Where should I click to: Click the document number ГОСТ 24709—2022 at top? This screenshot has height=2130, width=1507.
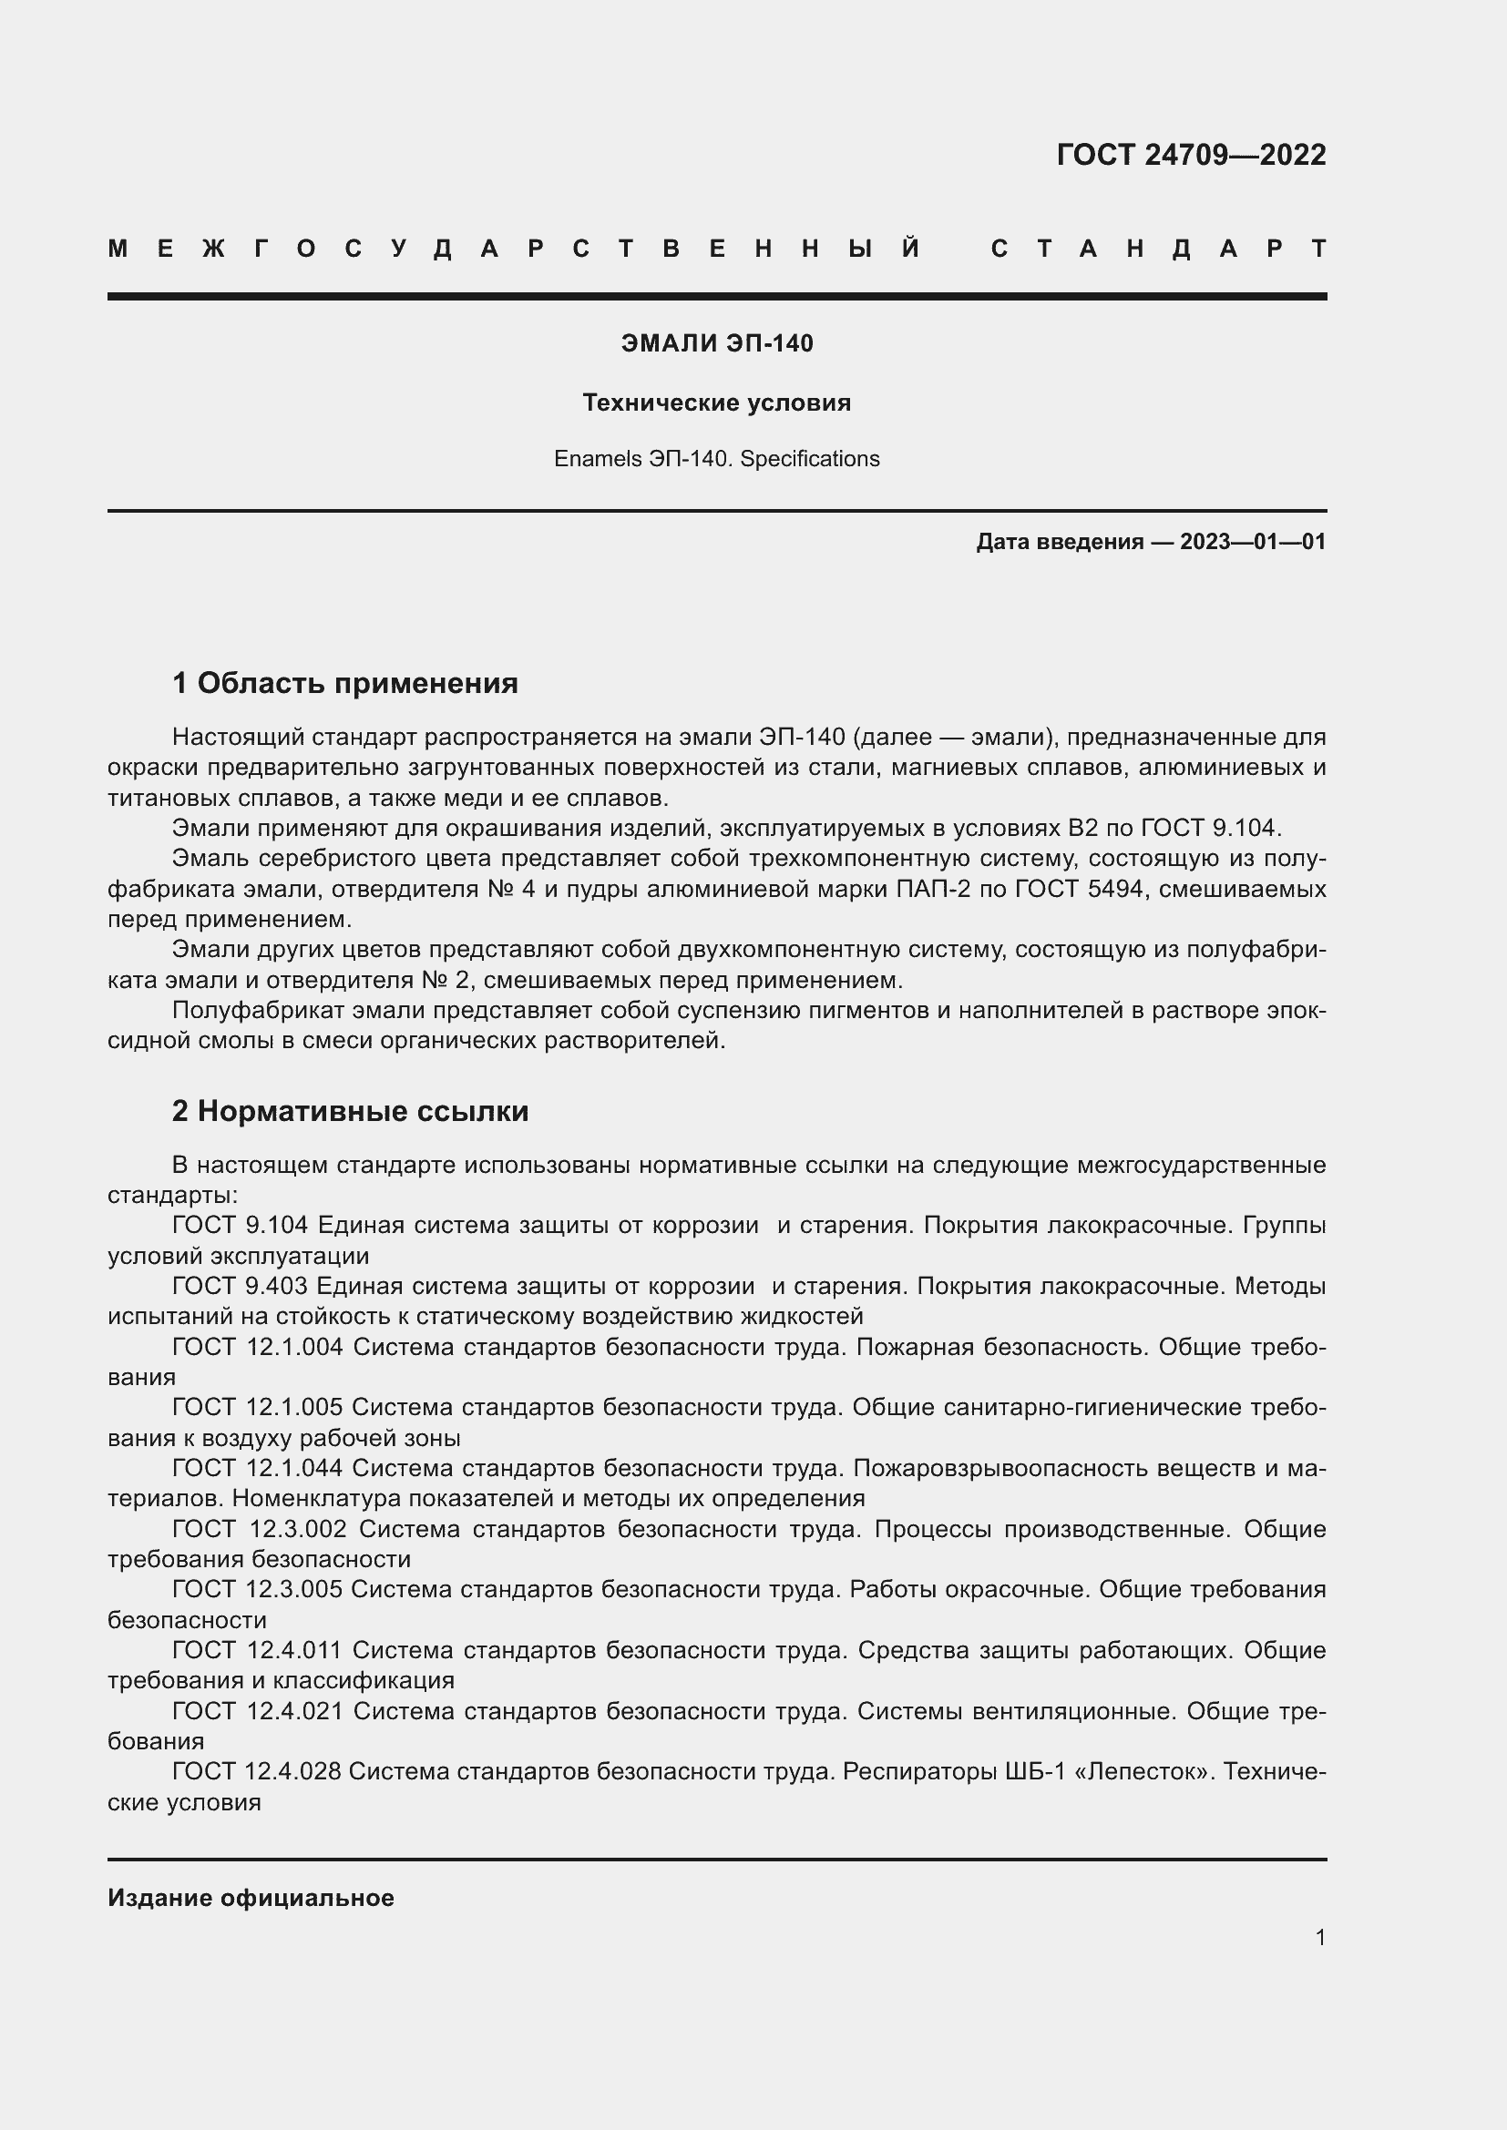pyautogui.click(x=1191, y=155)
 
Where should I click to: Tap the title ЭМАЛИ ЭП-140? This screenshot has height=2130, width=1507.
pyautogui.click(x=716, y=344)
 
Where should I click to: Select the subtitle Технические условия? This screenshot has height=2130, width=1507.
pyautogui.click(x=716, y=403)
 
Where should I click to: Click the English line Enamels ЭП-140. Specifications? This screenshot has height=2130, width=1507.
pyautogui.click(x=716, y=459)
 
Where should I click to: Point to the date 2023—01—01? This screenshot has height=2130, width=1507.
pyautogui.click(x=1253, y=542)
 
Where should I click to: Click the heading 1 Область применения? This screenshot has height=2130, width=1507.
pyautogui.click(x=345, y=684)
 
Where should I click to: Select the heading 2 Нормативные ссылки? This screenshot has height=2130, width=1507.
pyautogui.click(x=350, y=1111)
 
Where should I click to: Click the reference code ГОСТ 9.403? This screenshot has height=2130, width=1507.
pyautogui.click(x=240, y=1286)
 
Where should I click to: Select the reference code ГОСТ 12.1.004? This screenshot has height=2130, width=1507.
pyautogui.click(x=257, y=1347)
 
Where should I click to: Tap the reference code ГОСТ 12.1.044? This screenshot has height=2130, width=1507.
pyautogui.click(x=257, y=1468)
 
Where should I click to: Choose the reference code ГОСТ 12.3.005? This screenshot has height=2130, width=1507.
pyautogui.click(x=257, y=1589)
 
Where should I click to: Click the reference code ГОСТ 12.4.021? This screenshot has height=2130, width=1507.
pyautogui.click(x=257, y=1711)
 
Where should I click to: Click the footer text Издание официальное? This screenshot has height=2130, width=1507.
pyautogui.click(x=251, y=1897)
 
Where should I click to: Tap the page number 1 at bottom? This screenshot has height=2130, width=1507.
pyautogui.click(x=1319, y=1937)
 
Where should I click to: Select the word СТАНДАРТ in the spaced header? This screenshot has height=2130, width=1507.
pyautogui.click(x=1158, y=249)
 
